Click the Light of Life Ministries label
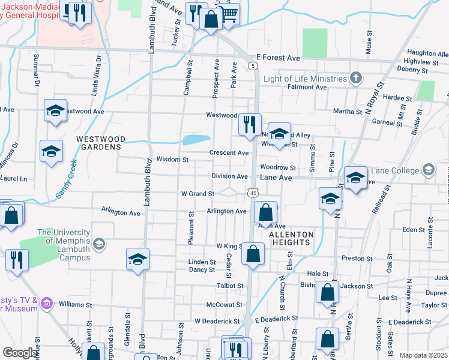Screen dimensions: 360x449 click(x=305, y=79)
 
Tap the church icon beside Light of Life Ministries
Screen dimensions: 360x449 click(x=356, y=78)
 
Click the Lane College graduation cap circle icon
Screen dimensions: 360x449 click(x=428, y=170)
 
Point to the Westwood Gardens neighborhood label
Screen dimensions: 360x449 click(x=100, y=142)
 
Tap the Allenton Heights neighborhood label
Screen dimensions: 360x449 click(x=291, y=238)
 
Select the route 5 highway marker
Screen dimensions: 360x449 click(x=254, y=65)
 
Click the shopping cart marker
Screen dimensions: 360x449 click(x=229, y=13)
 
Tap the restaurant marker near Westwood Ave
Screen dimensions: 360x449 click(x=249, y=124)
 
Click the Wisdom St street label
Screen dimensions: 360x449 click(x=172, y=160)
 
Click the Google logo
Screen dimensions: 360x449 click(x=20, y=353)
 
